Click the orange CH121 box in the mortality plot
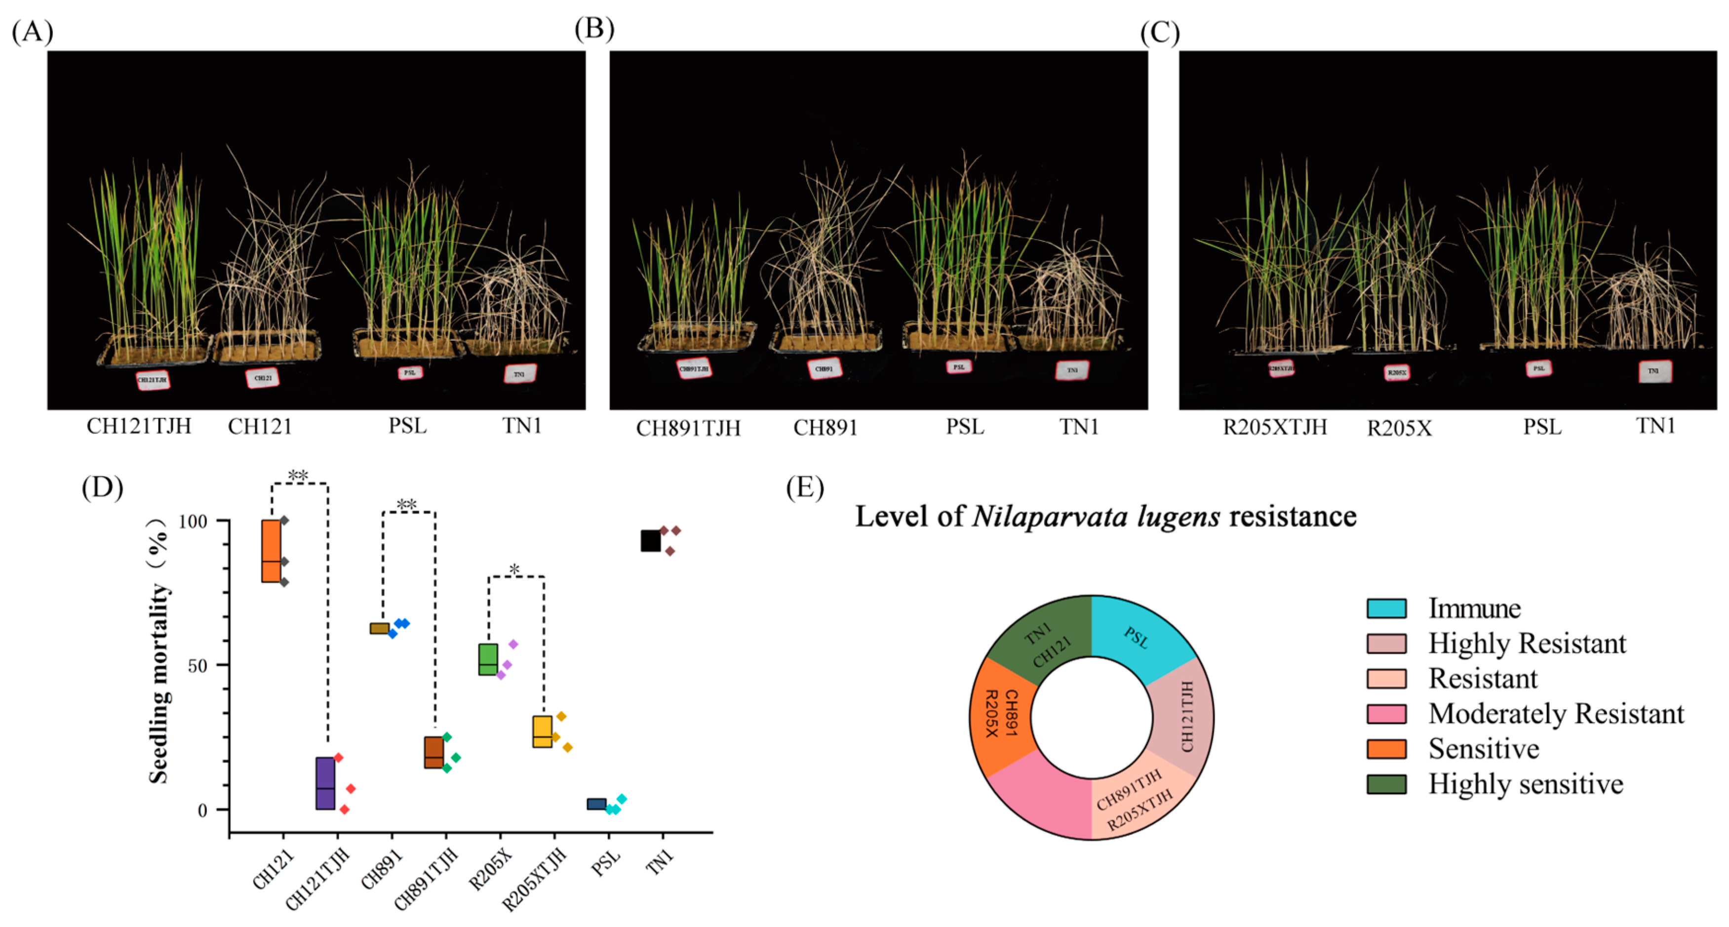point(271,551)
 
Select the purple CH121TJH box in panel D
point(325,783)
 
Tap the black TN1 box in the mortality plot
point(650,541)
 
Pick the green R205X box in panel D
point(488,659)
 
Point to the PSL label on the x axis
point(605,863)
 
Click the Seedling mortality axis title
point(158,651)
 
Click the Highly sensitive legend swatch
point(1386,784)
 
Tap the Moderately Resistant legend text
point(1556,714)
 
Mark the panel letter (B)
point(594,30)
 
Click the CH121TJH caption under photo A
point(139,426)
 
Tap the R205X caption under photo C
point(1399,428)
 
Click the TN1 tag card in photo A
point(520,373)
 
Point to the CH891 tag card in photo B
point(824,368)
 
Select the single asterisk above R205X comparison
point(514,570)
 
